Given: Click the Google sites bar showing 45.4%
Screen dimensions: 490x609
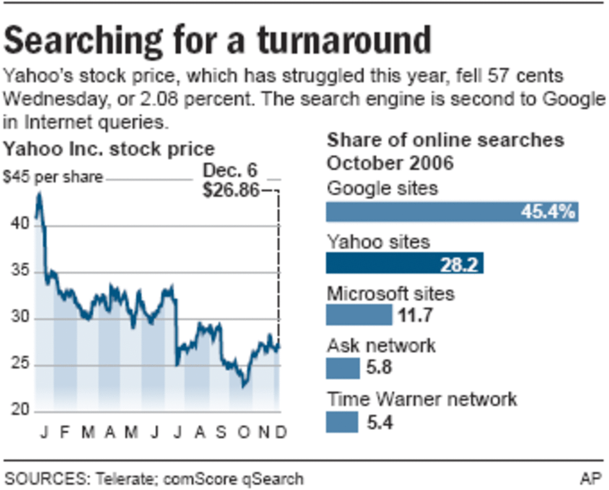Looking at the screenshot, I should (x=452, y=212).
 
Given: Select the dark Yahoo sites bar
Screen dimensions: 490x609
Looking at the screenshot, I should (x=404, y=263).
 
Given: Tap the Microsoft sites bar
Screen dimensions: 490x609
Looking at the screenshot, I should (x=359, y=315).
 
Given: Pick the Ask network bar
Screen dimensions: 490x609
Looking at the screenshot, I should (x=343, y=368).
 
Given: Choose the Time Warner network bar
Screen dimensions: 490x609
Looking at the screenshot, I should (x=342, y=422).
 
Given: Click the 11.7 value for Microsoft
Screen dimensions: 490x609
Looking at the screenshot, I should (x=415, y=315).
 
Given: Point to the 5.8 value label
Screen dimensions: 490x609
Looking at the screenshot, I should (x=379, y=367).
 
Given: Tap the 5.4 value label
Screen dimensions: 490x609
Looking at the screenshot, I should (x=380, y=422).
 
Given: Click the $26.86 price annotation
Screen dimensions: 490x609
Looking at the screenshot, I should (x=231, y=190).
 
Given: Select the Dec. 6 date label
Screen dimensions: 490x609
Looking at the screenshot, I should (x=230, y=170).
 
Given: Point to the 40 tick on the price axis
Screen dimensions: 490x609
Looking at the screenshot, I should (x=20, y=223).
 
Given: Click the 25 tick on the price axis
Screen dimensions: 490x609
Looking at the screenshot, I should (x=20, y=363).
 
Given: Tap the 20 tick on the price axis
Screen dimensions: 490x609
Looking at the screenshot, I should (x=20, y=409).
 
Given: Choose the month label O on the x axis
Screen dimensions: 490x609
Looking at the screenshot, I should (x=244, y=432).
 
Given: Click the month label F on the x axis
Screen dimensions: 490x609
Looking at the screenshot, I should (x=65, y=432).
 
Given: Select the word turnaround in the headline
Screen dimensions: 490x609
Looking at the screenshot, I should (x=344, y=41).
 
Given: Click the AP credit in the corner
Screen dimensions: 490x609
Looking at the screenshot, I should (x=591, y=479).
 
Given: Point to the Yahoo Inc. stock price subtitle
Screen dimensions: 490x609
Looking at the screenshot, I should (x=109, y=149).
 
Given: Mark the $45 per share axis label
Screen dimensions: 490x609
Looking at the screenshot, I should (x=53, y=177).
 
